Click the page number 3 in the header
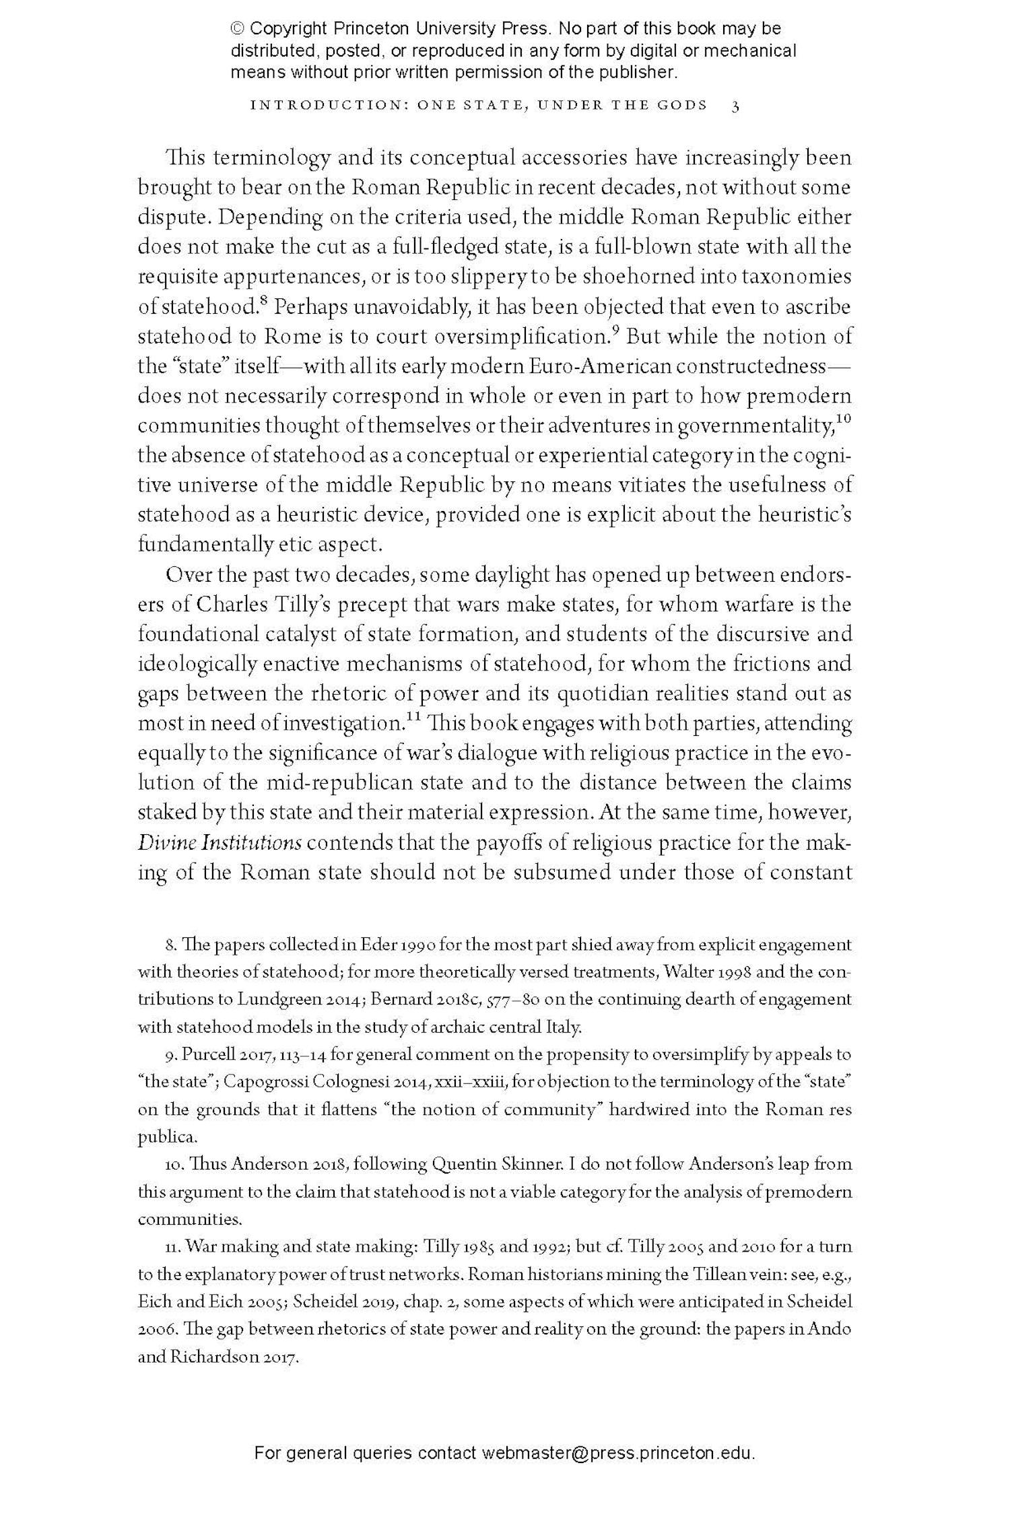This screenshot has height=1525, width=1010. pyautogui.click(x=735, y=106)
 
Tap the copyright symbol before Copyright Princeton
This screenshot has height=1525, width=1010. pyautogui.click(x=237, y=29)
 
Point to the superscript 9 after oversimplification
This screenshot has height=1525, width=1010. pyautogui.click(x=615, y=331)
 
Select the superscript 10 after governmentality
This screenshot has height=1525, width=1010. pyautogui.click(x=844, y=419)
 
